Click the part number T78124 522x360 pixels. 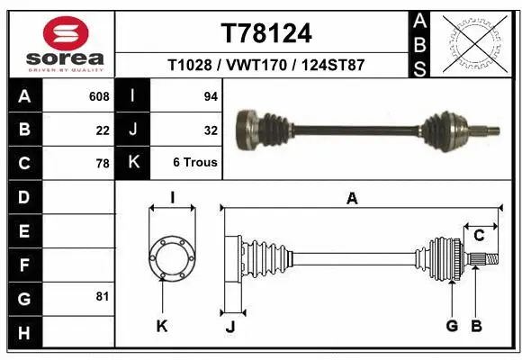[x=265, y=33]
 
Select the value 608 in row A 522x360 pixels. [x=99, y=95]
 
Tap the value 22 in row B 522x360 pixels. [x=103, y=130]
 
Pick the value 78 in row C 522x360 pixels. [x=103, y=164]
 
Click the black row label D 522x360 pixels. [x=23, y=197]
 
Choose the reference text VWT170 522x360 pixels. [x=265, y=66]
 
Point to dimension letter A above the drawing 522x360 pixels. [x=352, y=199]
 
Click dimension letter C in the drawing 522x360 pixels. [x=479, y=236]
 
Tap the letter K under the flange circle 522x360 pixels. [x=162, y=327]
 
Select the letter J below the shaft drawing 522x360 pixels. [x=230, y=327]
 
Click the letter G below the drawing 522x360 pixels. [x=452, y=326]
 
